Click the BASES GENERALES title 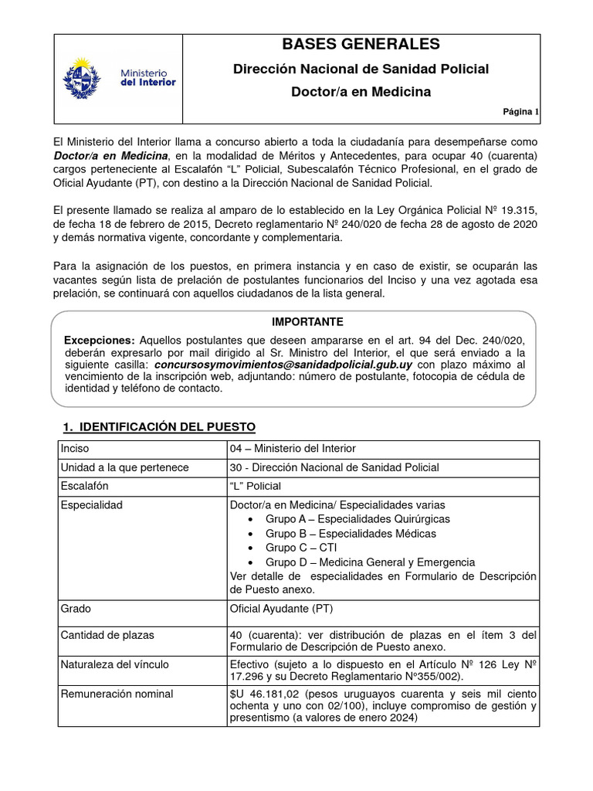(x=361, y=44)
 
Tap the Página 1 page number (x=521, y=112)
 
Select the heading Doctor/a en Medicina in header (x=361, y=92)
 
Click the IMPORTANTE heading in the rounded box (x=296, y=321)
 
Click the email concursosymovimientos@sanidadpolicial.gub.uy (x=283, y=364)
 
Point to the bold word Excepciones (x=99, y=340)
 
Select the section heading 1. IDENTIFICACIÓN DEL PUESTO (x=158, y=427)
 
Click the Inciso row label (x=75, y=448)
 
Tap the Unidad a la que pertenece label (x=124, y=467)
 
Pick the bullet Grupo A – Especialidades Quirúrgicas (x=357, y=519)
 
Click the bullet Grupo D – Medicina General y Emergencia (x=370, y=562)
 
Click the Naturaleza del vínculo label (x=114, y=664)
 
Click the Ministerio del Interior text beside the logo (x=147, y=76)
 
